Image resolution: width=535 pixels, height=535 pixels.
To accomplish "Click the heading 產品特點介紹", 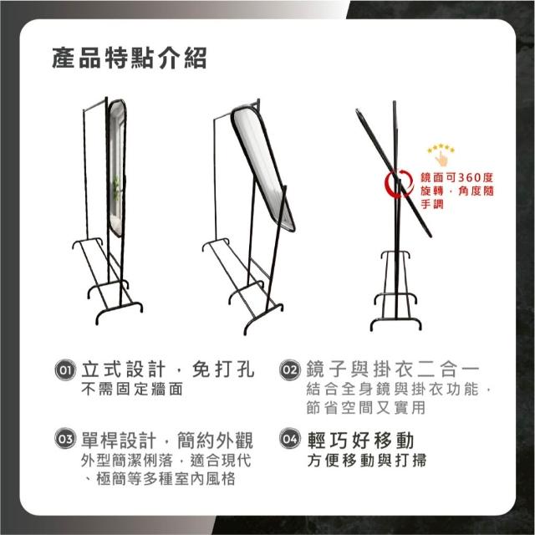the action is [x=130, y=58].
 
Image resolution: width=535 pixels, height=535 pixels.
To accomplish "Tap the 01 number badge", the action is [x=65, y=369].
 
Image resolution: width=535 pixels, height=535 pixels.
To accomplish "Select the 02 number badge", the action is [x=290, y=369].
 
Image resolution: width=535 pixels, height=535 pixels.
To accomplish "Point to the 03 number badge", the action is [x=65, y=438].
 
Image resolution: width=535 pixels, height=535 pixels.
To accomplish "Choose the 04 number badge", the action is [x=290, y=438].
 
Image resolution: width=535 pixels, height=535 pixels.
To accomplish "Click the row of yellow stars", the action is [x=441, y=148].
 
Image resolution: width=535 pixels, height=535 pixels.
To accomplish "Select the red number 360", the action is [x=470, y=177].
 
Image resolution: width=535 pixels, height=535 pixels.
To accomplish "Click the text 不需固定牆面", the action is [x=132, y=389].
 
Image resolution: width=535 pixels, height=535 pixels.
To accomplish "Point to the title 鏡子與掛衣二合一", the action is [x=393, y=369].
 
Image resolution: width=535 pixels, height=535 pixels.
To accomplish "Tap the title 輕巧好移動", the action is [x=360, y=441].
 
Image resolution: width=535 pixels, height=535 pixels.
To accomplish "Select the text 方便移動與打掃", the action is [x=367, y=461].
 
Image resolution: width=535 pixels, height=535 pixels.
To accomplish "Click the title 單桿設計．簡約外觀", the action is [x=167, y=441].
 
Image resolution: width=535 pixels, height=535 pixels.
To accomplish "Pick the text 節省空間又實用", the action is [x=366, y=408].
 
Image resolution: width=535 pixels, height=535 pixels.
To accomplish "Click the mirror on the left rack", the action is [x=116, y=168].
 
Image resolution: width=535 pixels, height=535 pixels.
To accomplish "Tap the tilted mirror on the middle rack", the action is [x=262, y=169].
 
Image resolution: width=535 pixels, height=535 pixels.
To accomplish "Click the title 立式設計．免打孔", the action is [x=168, y=369].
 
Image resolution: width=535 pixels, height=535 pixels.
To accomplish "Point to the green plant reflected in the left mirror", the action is [x=117, y=187].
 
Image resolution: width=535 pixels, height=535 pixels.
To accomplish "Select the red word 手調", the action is [x=432, y=204].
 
